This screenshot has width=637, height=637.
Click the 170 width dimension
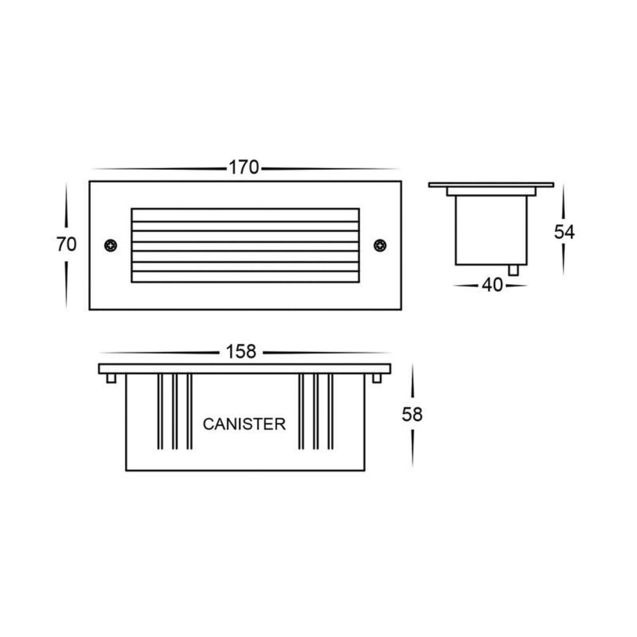coord(244,167)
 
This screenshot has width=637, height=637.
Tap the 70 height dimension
coord(66,244)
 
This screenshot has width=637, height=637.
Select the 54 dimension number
coord(564,232)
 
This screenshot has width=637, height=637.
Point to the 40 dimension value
coord(493,285)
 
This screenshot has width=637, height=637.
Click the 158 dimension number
coord(241,352)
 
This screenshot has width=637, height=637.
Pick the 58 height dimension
coord(412,414)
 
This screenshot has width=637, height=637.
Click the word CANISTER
coord(244,424)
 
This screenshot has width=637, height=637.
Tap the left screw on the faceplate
coord(111,245)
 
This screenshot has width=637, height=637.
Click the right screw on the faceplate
coord(380,245)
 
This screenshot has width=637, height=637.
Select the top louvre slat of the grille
coord(245,215)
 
